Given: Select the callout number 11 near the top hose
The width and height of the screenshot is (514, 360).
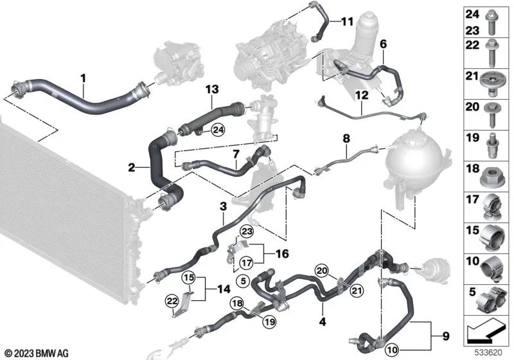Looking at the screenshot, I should click(x=346, y=22).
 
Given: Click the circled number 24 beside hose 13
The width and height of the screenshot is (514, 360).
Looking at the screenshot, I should click(x=218, y=130).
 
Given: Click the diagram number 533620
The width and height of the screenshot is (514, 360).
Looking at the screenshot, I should click(x=489, y=354).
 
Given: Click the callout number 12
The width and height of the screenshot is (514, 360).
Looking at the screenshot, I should click(x=362, y=96).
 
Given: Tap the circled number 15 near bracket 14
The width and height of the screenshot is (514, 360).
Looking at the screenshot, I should click(x=188, y=278).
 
